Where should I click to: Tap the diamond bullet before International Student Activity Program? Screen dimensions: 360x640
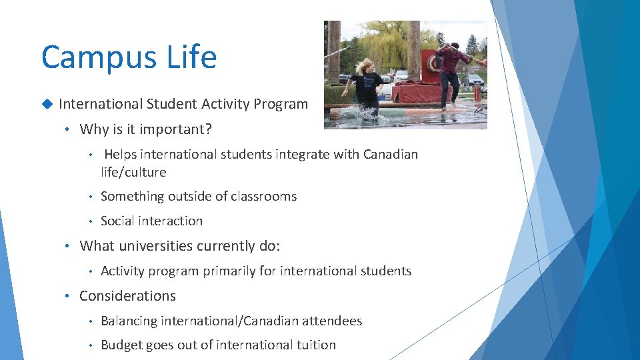pos(47,104)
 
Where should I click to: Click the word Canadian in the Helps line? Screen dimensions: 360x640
pos(391,154)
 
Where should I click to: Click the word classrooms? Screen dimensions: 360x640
pos(263,196)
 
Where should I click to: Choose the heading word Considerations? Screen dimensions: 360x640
pos(127,295)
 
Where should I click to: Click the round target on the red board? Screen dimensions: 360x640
pos(434,64)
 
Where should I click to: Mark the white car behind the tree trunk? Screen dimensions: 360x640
pos(401,76)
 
